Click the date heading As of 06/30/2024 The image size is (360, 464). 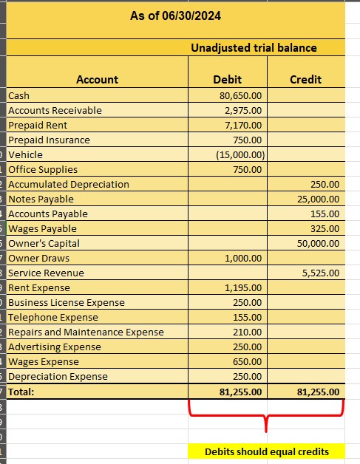click(x=175, y=16)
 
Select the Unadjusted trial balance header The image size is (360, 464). click(x=254, y=48)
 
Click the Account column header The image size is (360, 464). click(x=97, y=80)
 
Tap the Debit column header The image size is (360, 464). click(x=227, y=80)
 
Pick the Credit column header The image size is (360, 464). click(x=305, y=80)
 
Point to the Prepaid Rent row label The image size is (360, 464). click(x=38, y=125)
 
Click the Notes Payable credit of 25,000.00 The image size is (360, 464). click(x=319, y=199)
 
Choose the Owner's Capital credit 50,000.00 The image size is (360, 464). click(x=319, y=243)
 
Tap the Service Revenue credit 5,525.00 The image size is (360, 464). click(x=321, y=273)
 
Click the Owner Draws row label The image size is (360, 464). click(x=39, y=258)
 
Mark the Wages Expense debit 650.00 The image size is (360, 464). click(x=248, y=361)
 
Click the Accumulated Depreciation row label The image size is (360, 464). click(x=69, y=184)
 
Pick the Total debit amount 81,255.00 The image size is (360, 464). click(x=240, y=392)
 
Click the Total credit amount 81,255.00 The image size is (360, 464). click(x=317, y=392)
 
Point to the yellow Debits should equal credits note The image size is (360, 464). click(x=266, y=451)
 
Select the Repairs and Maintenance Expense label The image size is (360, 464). click(x=86, y=332)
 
